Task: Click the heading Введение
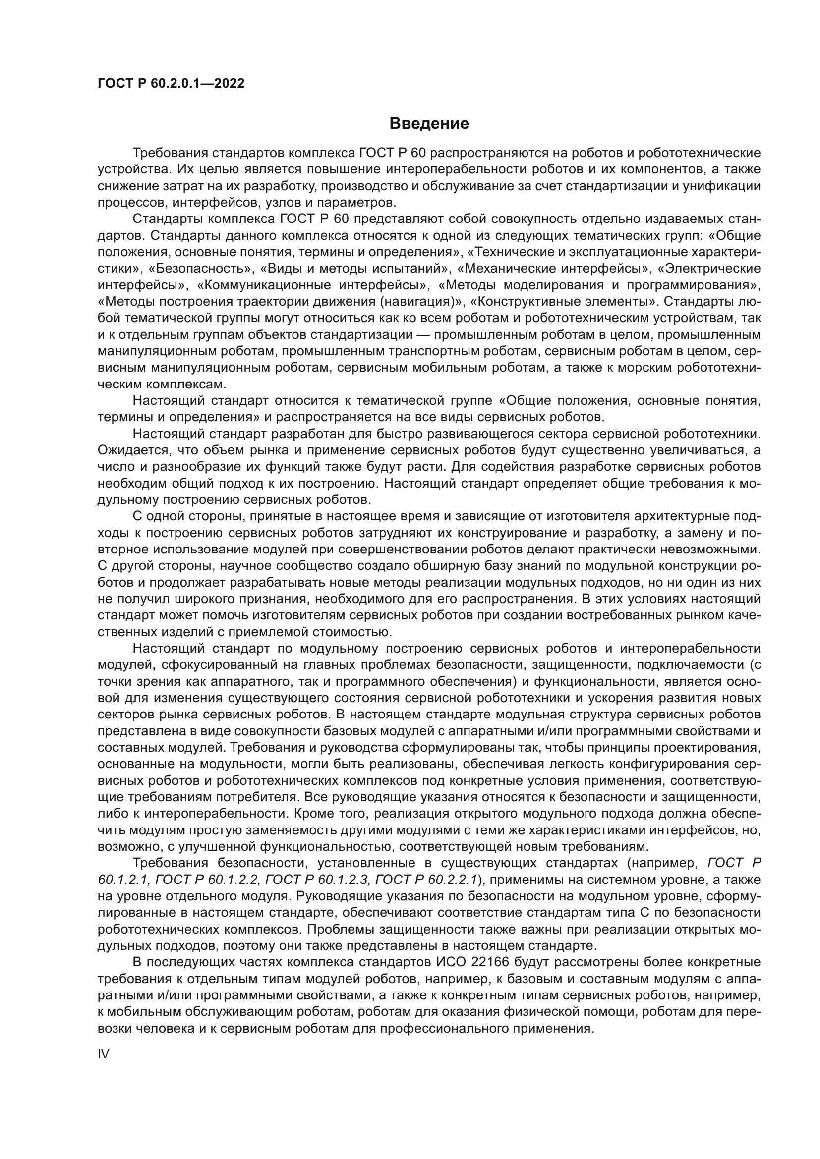pos(429,124)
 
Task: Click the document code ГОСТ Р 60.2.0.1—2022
pos(171,84)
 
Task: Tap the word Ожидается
pos(126,450)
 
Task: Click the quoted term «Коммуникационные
pos(258,285)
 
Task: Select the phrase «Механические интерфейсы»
pos(555,269)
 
